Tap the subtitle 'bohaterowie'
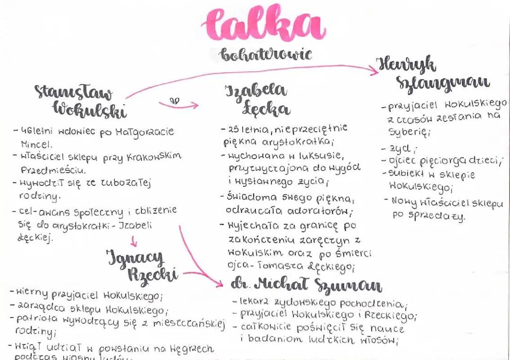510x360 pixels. pos(266,54)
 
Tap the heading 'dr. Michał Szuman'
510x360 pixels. pos(306,285)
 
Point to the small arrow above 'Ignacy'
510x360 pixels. pos(134,243)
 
